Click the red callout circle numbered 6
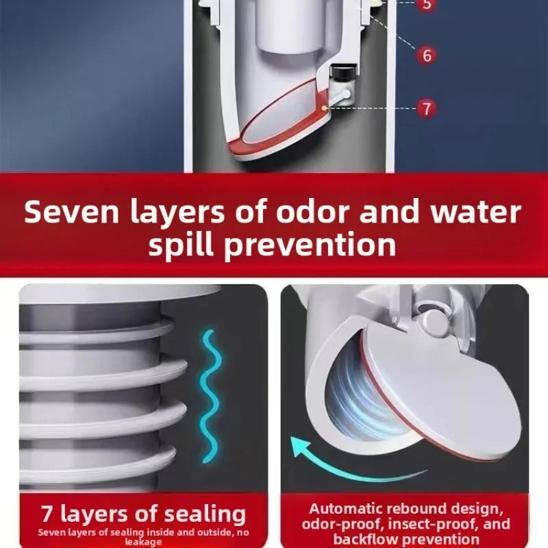pos(427,55)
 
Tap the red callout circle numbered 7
pos(427,108)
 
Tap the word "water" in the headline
pos(475,212)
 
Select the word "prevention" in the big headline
pos(310,245)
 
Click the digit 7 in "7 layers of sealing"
pos(47,514)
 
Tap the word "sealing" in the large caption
pos(205,515)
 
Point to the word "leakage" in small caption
pos(143,542)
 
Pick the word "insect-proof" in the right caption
pos(432,524)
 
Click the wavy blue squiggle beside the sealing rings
pos(211,395)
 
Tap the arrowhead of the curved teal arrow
pos(300,446)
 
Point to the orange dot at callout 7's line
pos(324,108)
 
